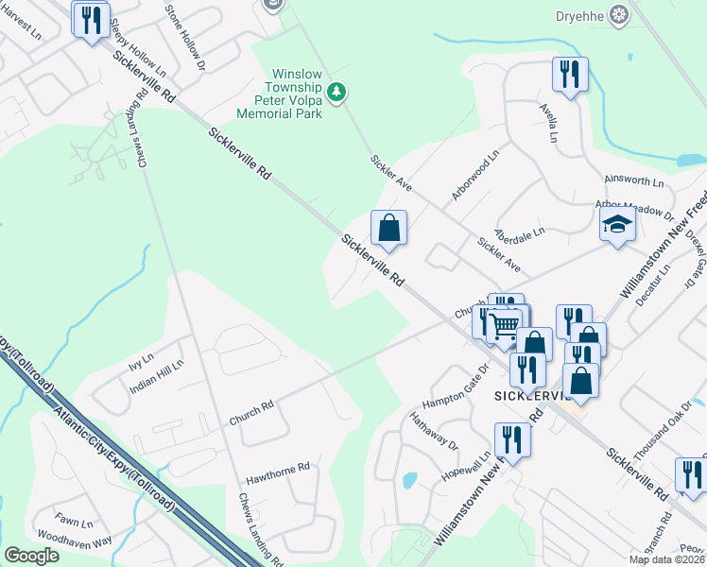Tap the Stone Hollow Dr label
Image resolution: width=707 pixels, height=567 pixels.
coord(185,38)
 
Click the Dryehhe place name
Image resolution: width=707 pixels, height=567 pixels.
coord(580,14)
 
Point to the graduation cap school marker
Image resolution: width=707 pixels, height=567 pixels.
coord(617,225)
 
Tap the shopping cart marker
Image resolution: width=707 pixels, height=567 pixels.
coord(507,326)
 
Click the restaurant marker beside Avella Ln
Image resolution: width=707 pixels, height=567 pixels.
coord(570,75)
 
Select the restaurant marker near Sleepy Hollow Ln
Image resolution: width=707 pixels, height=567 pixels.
coord(91,19)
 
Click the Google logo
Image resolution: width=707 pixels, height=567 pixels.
coord(32,556)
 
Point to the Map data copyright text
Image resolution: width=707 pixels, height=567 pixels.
coord(667,559)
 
